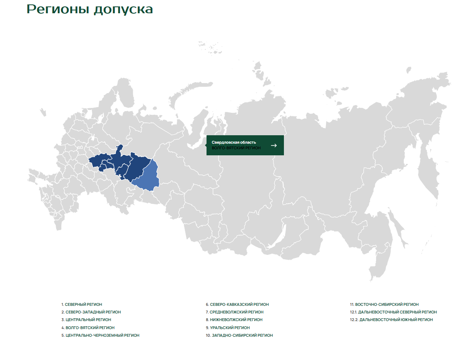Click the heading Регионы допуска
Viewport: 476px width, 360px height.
coord(90,10)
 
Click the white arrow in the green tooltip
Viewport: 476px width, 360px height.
coord(274,145)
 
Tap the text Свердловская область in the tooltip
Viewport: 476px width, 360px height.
coord(234,142)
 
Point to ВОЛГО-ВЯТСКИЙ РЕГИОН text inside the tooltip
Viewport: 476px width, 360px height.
coord(236,148)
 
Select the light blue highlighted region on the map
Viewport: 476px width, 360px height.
coord(147,177)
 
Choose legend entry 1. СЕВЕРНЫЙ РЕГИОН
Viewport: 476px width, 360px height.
coord(82,305)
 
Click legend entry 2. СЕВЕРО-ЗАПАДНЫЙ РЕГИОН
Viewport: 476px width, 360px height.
coord(91,312)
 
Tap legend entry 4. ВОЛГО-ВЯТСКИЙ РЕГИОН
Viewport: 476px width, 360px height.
coord(88,327)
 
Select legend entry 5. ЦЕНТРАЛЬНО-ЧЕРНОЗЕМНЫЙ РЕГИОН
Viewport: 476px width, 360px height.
coord(100,335)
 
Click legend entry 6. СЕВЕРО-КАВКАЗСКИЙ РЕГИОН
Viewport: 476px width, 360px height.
coord(237,305)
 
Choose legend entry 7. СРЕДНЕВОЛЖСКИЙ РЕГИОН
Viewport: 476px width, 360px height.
coord(235,312)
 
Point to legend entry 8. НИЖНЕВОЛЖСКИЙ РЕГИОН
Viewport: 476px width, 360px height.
coord(234,320)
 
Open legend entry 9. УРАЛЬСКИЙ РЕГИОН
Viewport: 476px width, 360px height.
coord(228,327)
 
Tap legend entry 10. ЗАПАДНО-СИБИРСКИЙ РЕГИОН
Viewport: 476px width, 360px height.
coord(239,335)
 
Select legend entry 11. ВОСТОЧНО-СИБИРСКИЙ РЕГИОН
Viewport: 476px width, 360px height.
coord(384,305)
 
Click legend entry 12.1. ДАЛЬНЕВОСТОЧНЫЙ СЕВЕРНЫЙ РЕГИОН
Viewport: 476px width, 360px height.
coord(393,312)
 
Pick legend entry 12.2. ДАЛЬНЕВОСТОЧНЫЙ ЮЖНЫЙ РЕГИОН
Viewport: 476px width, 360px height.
coord(391,320)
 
